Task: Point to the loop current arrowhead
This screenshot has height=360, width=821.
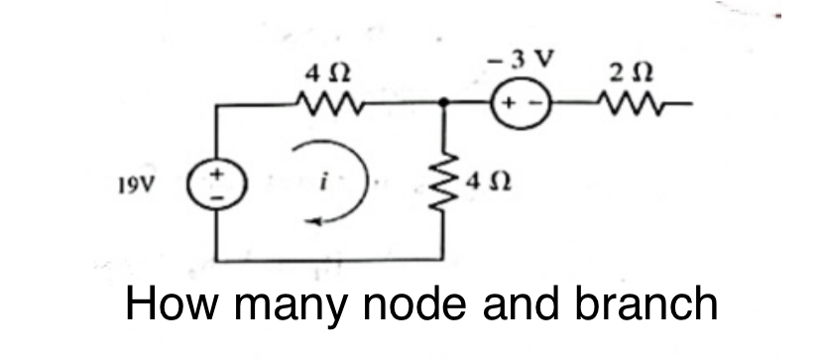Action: point(315,223)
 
